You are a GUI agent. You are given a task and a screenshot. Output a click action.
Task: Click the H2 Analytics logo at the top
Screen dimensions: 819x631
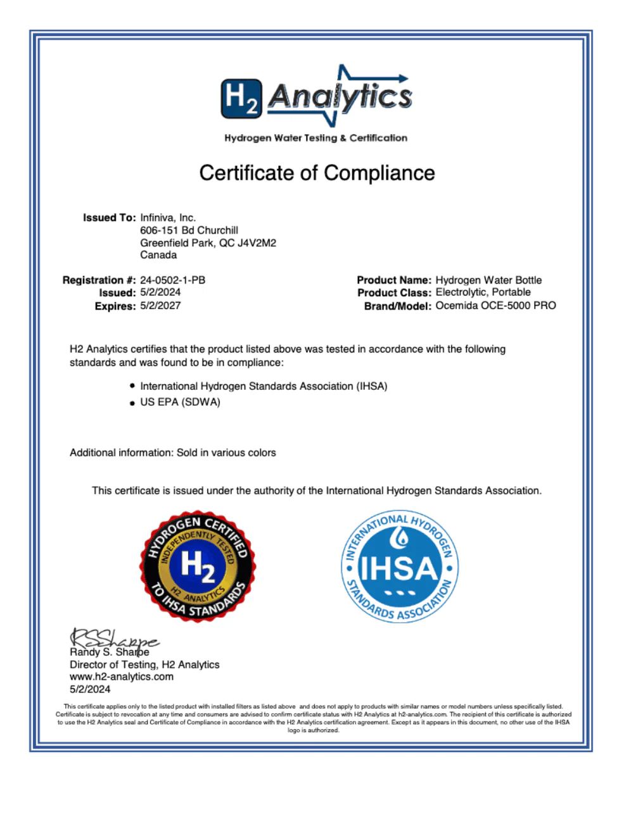tap(316, 97)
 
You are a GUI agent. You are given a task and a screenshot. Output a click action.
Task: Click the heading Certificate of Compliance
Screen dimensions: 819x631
tap(317, 173)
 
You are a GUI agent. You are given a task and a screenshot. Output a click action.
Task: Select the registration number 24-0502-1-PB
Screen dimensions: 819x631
tap(172, 280)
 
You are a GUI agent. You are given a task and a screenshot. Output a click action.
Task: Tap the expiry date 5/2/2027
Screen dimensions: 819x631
tap(160, 306)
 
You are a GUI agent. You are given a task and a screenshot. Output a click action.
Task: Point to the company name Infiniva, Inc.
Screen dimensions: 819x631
tap(168, 218)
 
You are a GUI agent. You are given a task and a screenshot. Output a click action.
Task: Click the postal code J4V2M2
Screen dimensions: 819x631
tap(257, 243)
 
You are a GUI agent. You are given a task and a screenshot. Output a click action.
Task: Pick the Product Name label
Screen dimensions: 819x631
tap(393, 280)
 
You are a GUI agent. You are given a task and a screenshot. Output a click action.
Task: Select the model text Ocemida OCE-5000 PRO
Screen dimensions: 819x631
tap(495, 306)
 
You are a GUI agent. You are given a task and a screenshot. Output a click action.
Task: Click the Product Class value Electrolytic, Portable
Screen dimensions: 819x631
tap(483, 292)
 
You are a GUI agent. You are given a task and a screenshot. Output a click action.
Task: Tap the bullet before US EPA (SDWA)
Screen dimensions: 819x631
tap(132, 403)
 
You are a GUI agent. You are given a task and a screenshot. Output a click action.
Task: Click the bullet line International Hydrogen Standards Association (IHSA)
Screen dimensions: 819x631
tap(264, 386)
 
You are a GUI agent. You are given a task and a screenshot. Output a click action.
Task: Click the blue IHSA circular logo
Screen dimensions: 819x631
tap(400, 566)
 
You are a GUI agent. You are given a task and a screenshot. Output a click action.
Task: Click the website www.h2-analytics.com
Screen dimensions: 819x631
tap(122, 677)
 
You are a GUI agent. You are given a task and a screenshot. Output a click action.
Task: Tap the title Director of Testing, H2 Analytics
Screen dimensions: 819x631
tap(144, 665)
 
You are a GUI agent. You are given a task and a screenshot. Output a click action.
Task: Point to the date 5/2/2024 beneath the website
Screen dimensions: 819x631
tap(90, 689)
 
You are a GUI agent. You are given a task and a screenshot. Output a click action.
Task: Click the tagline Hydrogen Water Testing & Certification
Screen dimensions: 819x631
tap(315, 138)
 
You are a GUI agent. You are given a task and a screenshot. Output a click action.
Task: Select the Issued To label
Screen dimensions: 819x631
tap(109, 218)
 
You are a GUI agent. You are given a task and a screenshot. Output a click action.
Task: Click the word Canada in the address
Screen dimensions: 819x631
tap(158, 255)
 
